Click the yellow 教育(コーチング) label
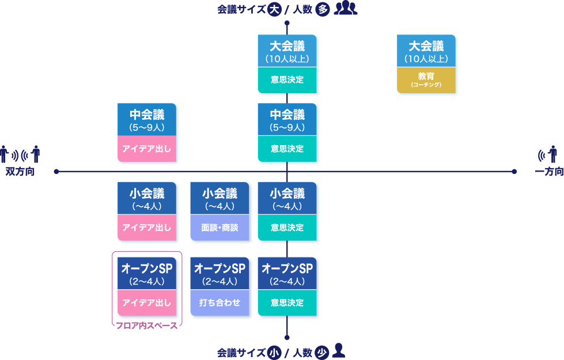tap(426, 80)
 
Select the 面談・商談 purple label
tap(219, 228)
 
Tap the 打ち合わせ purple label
tap(219, 302)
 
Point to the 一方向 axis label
tap(548, 172)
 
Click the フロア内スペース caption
tap(146, 325)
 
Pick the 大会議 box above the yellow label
tap(426, 51)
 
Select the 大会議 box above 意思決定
tap(287, 51)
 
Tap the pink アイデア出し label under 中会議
tap(146, 149)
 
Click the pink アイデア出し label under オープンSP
tap(146, 302)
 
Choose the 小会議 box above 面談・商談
tap(219, 198)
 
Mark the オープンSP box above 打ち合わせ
tap(219, 273)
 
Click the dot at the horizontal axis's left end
tap(56, 171)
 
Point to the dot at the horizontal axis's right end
tap(514, 171)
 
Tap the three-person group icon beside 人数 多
tap(346, 9)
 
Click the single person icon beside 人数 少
tap(339, 350)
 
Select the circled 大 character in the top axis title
tap(275, 9)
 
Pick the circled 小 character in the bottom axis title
tap(274, 352)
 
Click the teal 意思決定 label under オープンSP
tap(287, 302)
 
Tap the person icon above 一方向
tap(553, 154)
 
